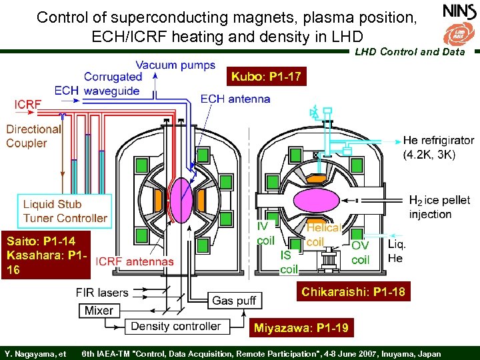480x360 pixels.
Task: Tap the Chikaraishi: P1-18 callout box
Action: pyautogui.click(x=353, y=292)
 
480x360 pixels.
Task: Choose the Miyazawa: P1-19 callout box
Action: pyautogui.click(x=300, y=327)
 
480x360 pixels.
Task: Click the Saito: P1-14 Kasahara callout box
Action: pyautogui.click(x=45, y=254)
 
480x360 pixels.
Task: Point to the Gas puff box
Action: pyautogui.click(x=233, y=301)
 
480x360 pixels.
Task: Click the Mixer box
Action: pyautogui.click(x=99, y=310)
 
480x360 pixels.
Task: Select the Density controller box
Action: pyautogui.click(x=176, y=326)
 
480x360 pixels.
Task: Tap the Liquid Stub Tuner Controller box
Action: pyautogui.click(x=65, y=211)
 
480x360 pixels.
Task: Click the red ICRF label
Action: pyautogui.click(x=27, y=105)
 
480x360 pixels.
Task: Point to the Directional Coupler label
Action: pyautogui.click(x=33, y=136)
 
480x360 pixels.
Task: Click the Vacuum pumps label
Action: pyautogui.click(x=175, y=65)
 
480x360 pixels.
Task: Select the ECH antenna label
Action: pyautogui.click(x=235, y=99)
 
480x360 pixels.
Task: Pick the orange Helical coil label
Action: pyautogui.click(x=323, y=235)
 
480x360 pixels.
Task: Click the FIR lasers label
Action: pyautogui.click(x=102, y=293)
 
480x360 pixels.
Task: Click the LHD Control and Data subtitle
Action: pyautogui.click(x=409, y=51)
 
